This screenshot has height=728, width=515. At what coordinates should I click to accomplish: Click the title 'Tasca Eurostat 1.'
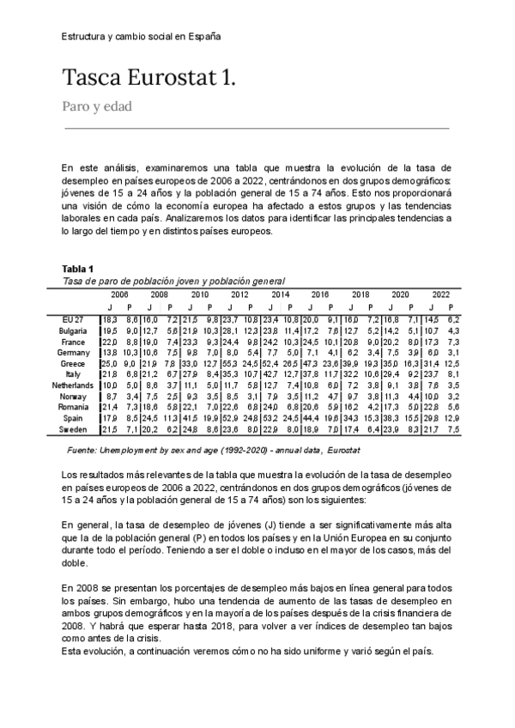point(148,79)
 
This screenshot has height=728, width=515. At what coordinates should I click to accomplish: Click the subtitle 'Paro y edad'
point(97,107)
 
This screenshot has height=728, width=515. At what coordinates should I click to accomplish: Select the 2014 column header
point(280,294)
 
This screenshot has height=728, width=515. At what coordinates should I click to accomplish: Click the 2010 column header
point(200,294)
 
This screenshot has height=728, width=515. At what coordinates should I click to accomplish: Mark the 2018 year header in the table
point(360,294)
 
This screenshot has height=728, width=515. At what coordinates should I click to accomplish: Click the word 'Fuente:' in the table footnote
point(82,449)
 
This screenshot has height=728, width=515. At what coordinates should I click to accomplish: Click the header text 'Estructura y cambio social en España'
point(142,37)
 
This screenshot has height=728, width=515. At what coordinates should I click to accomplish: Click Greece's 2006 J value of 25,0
point(109,363)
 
